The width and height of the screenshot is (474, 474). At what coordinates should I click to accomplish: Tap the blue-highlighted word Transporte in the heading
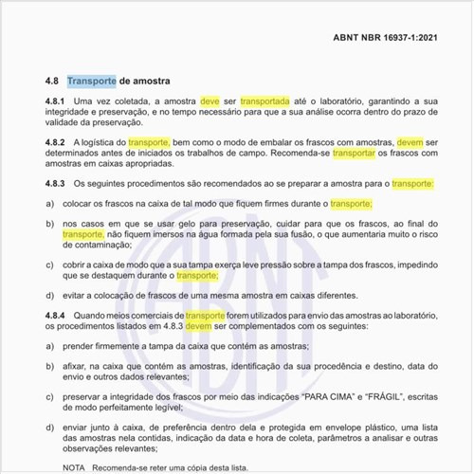(x=92, y=82)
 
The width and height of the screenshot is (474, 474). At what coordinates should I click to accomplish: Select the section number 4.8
(x=52, y=82)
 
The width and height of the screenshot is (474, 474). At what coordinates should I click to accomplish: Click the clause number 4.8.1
(x=55, y=101)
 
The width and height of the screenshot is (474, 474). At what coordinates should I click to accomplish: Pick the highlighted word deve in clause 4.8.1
(x=210, y=101)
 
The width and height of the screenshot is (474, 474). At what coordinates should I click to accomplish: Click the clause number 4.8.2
(x=55, y=141)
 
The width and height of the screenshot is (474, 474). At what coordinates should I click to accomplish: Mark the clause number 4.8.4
(x=55, y=314)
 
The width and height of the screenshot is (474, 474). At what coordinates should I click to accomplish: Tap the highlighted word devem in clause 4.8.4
(x=199, y=325)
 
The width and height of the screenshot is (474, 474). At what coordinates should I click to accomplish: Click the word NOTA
(x=72, y=468)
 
